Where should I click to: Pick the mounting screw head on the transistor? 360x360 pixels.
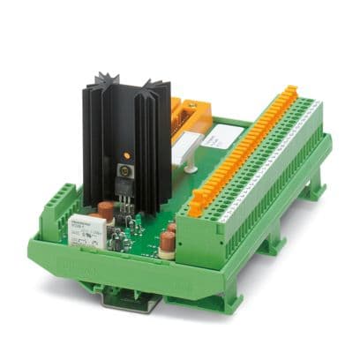124,167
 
